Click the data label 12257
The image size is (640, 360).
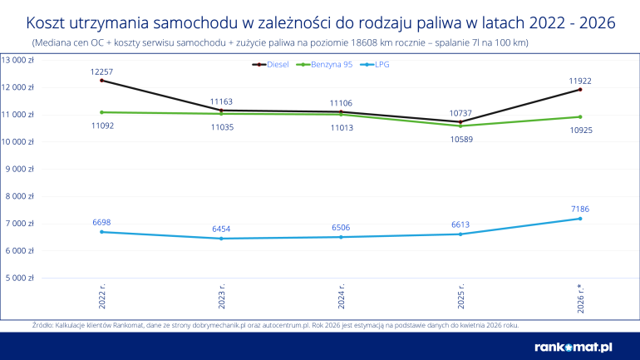tap(102, 72)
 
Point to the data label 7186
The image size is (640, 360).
tap(580, 210)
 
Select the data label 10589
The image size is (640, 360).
tap(460, 139)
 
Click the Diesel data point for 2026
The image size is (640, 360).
tap(580, 89)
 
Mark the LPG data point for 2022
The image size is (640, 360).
tap(102, 232)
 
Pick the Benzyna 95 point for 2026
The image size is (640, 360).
tap(580, 116)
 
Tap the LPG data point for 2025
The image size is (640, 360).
tap(460, 234)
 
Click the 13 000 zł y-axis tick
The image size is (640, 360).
tap(17, 60)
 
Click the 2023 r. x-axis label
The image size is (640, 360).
tap(222, 297)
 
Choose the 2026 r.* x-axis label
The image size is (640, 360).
tap(580, 299)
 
